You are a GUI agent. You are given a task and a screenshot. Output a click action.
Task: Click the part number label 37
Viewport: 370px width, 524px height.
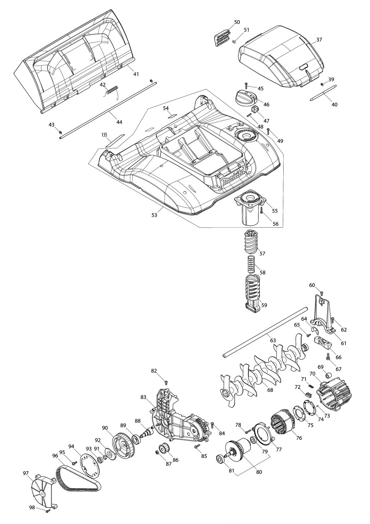coord(319,40)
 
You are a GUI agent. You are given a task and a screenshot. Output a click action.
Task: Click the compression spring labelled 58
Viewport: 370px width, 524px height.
coord(251,264)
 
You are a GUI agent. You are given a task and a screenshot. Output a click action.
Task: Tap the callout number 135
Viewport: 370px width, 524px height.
coord(104,135)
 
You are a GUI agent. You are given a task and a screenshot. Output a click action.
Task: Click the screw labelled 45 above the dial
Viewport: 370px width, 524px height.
coord(246,85)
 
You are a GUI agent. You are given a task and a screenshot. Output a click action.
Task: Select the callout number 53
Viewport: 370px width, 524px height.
coord(154,215)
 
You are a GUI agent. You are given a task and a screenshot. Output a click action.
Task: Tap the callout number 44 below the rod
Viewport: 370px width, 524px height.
coord(119,122)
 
